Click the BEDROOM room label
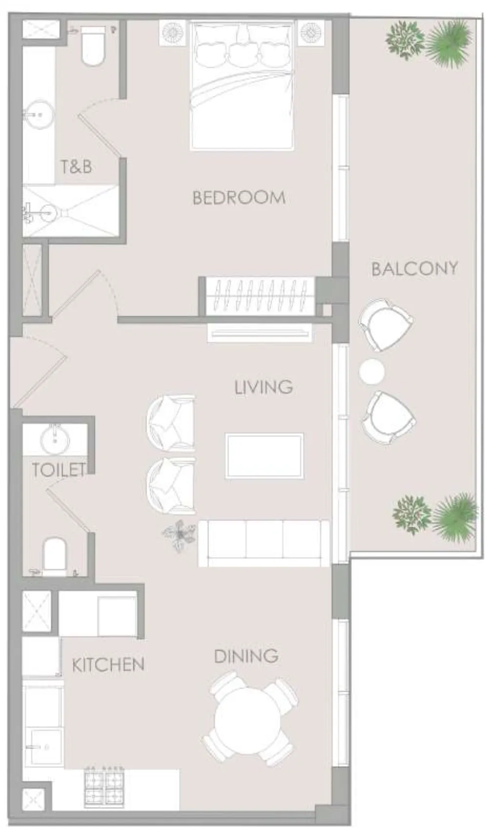(239, 198)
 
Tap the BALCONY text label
(414, 268)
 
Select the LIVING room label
(264, 387)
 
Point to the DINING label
(246, 656)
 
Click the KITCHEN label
(108, 664)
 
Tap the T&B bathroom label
(76, 167)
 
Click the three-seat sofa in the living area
(264, 543)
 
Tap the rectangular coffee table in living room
(264, 456)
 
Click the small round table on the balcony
(371, 372)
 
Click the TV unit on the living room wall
(259, 333)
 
